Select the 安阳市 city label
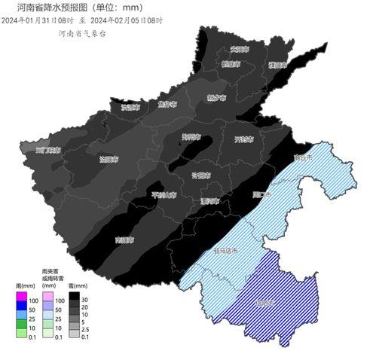240,49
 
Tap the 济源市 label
131,107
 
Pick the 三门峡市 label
47,150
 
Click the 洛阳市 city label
109,159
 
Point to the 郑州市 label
191,137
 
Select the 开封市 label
243,139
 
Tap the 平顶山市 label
164,194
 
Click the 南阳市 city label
123,239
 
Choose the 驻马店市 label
225,250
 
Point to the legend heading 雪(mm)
77,286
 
